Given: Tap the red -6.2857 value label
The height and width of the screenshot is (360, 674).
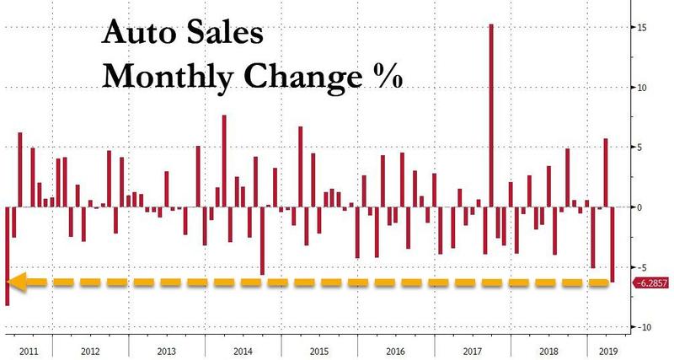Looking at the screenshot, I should [651, 282].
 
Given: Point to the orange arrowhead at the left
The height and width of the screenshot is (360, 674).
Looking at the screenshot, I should [17, 282].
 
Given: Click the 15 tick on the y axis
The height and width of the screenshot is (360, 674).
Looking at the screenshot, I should [642, 28].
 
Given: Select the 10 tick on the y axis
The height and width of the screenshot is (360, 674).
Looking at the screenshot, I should [642, 88].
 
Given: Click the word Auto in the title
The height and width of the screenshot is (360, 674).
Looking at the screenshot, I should [136, 38].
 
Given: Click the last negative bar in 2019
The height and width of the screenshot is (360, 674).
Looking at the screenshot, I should [612, 244].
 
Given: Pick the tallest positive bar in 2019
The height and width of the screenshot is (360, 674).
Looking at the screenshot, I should [606, 173].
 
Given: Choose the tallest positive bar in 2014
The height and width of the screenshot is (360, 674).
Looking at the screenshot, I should [224, 161].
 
